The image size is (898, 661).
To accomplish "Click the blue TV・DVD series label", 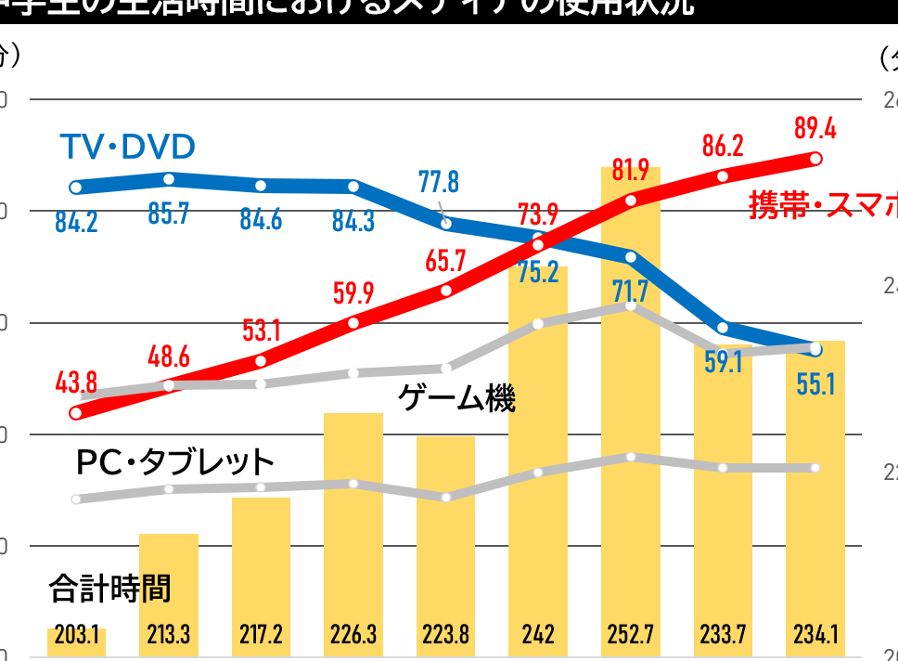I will coord(127,147).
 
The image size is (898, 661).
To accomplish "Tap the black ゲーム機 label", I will coord(456,399).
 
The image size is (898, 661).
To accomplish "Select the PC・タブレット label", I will coord(175,461).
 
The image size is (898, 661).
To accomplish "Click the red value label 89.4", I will coord(815,128).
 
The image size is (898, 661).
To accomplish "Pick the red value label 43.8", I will coord(76,382).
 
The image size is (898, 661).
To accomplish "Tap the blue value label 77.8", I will coord(439,180).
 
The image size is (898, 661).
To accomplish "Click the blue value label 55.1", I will coord(815,382).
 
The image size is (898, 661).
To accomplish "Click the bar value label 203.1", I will coord(76,636).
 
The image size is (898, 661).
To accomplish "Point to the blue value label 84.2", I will coord(76,224).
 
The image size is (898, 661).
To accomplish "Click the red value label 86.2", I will coord(723,146).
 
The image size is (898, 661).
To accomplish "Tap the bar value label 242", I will coord(538,636).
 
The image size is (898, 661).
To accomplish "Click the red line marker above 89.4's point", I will coord(815,159).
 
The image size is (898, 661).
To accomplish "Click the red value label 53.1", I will coord(261,330).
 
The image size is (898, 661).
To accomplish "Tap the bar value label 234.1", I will coord(815,636).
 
